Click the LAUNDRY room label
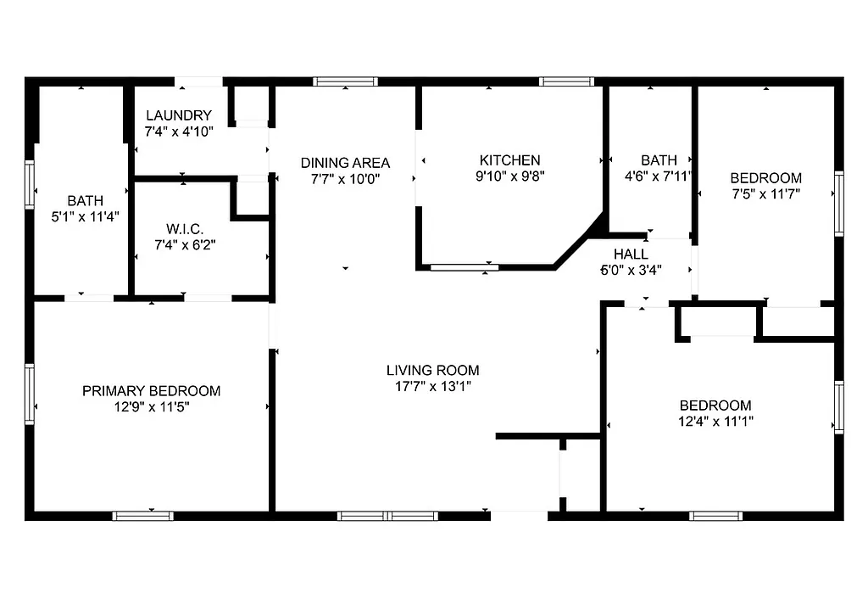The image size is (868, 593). (178, 115)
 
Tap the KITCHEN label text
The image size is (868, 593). (509, 160)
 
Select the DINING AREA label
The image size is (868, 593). (346, 163)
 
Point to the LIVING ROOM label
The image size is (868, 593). (432, 370)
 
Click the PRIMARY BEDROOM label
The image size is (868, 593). (151, 391)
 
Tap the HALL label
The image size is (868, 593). (631, 254)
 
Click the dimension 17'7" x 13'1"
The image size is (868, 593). (432, 386)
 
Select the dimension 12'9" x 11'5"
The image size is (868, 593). (151, 406)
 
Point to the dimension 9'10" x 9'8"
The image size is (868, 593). (509, 176)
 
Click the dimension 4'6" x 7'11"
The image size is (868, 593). (659, 176)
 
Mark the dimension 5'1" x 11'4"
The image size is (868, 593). (85, 216)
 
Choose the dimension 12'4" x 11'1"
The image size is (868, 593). (715, 421)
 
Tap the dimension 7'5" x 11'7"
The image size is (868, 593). (765, 193)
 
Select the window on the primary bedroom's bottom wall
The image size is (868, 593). (143, 515)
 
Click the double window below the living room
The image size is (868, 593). (387, 515)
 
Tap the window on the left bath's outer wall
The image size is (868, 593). (30, 185)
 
